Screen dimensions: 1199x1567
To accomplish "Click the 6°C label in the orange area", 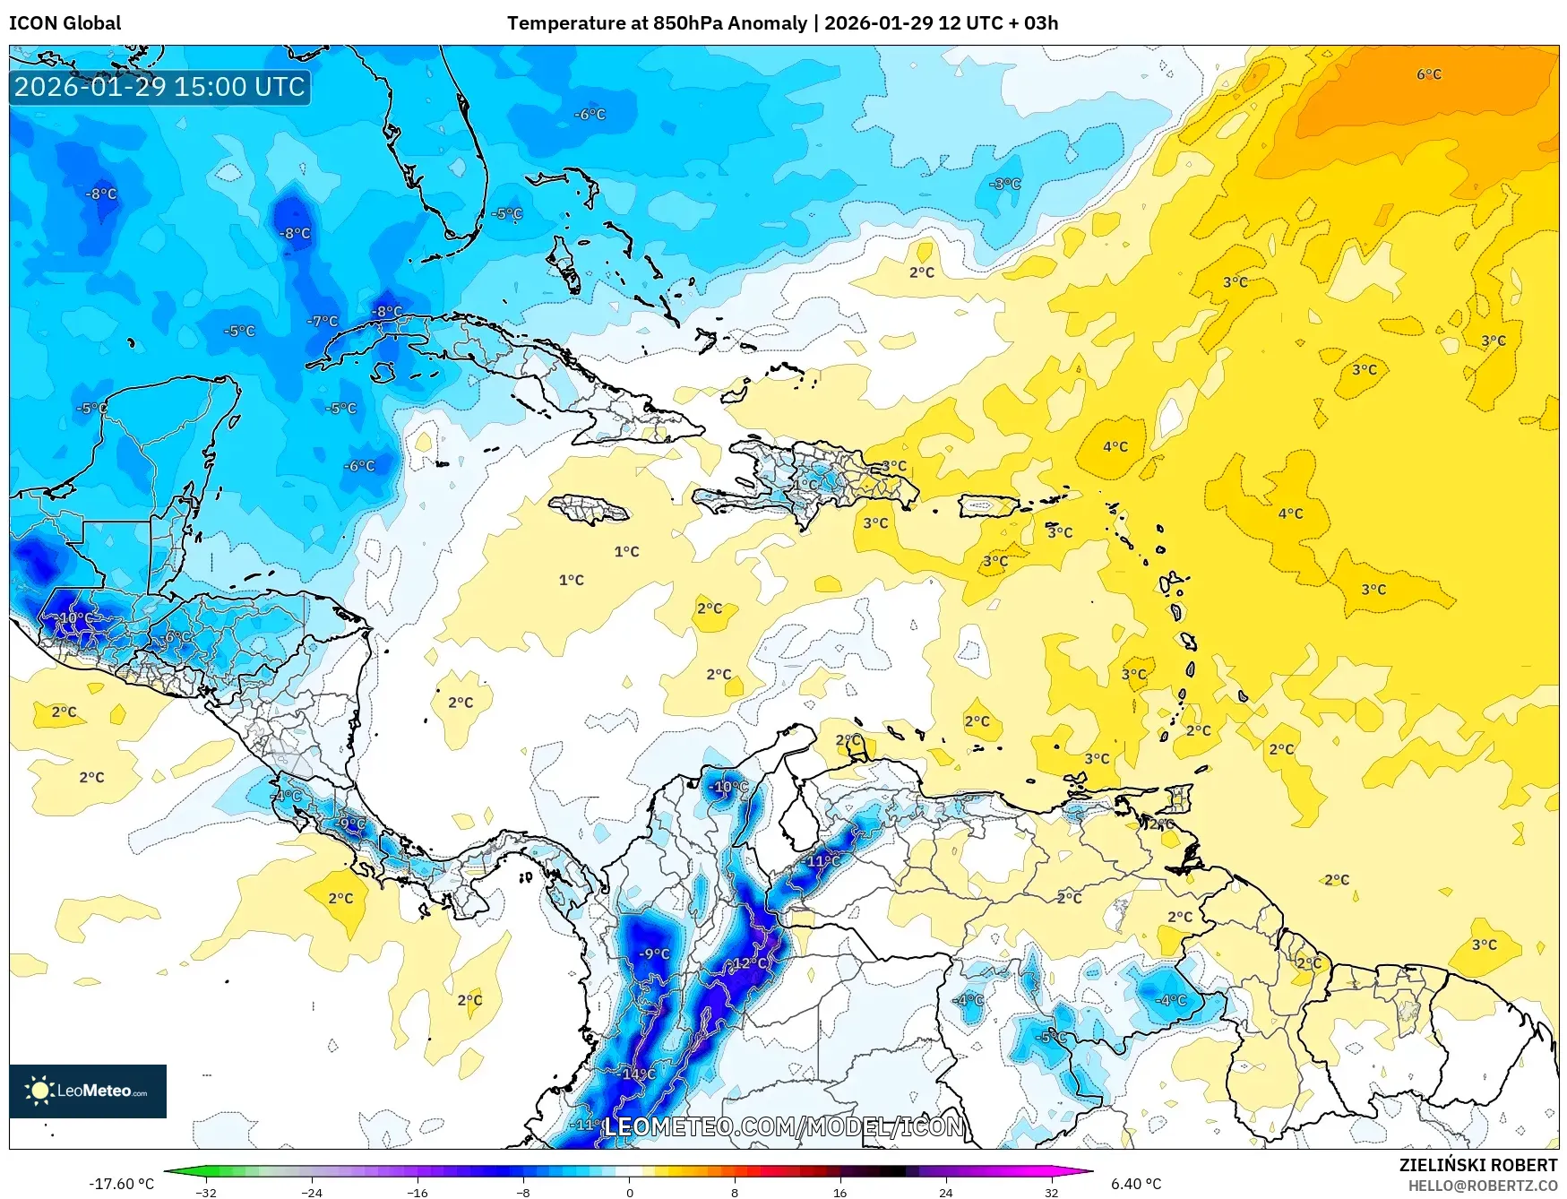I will pos(1428,74).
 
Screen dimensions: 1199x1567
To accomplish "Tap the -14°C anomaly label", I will pos(638,1074).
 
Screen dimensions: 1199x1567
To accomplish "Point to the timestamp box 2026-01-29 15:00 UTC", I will pos(159,87).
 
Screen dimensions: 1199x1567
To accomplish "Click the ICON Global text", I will pos(65,23).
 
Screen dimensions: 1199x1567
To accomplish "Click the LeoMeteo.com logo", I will pos(88,1091).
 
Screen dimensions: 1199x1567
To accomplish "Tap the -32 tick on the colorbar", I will pos(206,1192).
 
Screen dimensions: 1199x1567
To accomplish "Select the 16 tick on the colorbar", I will pos(839,1192).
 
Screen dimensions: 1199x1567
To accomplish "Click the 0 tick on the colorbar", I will pos(629,1192).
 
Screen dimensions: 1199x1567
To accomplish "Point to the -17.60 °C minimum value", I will pos(121,1184).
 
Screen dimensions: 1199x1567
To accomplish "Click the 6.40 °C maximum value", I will pos(1136,1184).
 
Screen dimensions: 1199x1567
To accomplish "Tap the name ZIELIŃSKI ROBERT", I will pos(1477,1165).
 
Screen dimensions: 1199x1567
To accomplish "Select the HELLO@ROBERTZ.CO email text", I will pos(1482,1186).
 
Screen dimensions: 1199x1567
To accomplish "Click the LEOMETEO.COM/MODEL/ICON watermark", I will pos(784,1126).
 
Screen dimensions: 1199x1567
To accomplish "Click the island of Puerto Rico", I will pos(988,505).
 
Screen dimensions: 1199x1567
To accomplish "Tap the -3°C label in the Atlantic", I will pos(1004,184).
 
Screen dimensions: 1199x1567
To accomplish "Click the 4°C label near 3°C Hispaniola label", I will pos(1115,446).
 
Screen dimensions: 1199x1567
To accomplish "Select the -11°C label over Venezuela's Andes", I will pos(822,861).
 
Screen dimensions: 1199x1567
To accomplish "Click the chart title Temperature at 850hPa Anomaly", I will pos(657,23).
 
